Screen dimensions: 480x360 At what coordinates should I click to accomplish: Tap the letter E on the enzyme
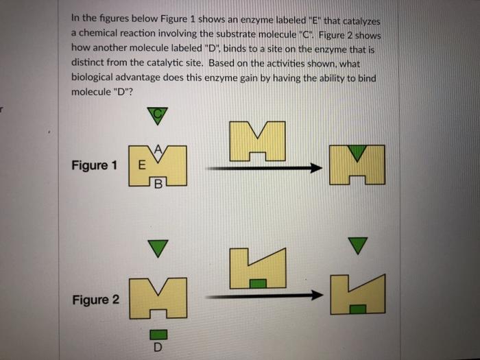141,165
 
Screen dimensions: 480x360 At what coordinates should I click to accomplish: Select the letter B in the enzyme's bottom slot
159,183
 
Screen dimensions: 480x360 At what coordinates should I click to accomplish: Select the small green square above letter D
158,333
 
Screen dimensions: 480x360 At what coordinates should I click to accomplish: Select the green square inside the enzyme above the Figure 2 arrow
257,283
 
